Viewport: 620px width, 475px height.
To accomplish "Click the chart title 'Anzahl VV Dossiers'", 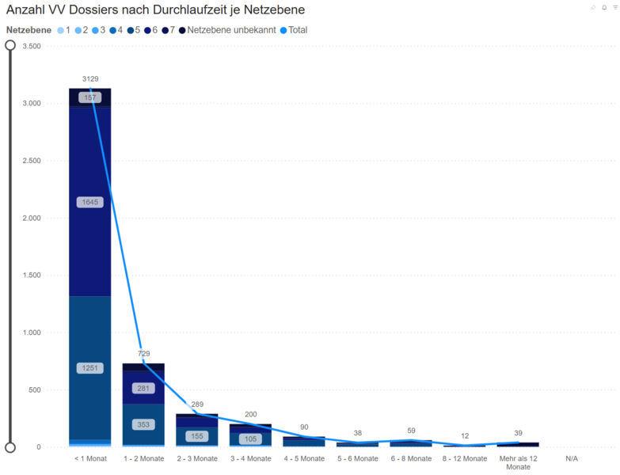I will [155, 10].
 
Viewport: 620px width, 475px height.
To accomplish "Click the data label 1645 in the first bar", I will [89, 203].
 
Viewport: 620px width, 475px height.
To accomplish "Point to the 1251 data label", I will [89, 368].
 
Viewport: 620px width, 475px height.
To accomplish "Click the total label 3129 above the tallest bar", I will [90, 79].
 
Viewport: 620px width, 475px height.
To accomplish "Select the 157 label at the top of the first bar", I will [89, 98].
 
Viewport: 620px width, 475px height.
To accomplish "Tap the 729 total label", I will [143, 354].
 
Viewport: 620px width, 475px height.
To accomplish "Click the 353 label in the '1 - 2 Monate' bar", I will [143, 424].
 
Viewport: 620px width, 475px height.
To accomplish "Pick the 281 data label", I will [143, 388].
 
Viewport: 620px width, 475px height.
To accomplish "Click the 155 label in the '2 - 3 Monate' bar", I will [196, 436].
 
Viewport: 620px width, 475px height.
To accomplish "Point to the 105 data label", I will [250, 439].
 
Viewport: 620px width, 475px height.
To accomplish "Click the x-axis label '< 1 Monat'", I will [89, 458].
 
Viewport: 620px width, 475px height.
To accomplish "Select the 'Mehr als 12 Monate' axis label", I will [518, 462].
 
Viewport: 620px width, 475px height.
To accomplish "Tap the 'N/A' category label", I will [572, 458].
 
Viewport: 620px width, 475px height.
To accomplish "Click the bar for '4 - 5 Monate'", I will [304, 442].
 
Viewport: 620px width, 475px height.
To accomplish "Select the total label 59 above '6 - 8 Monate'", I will [411, 431].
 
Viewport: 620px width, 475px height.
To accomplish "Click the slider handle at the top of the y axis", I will [10, 45].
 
